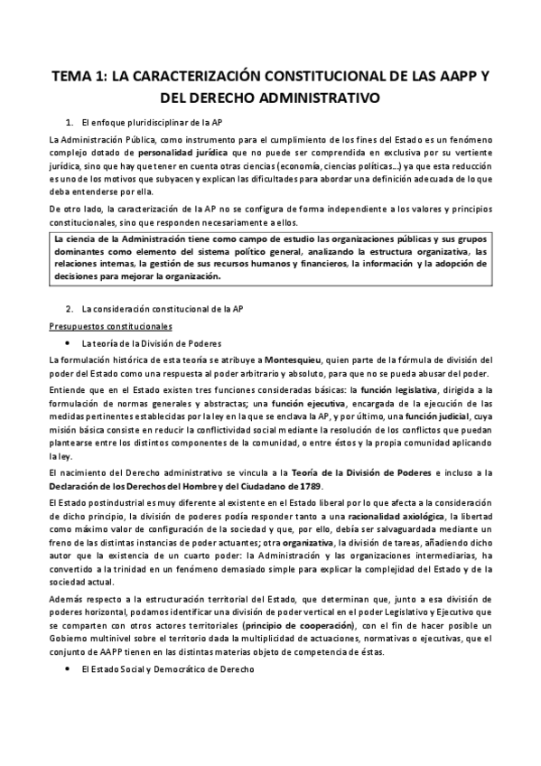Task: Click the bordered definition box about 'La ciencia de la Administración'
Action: click(x=270, y=257)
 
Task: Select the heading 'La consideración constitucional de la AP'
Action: click(x=162, y=309)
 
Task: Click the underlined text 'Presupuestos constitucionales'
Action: click(x=111, y=326)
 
